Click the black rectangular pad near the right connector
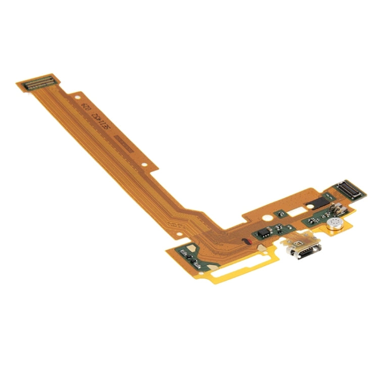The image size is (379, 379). [312, 203]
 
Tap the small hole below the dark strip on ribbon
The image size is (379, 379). [145, 164]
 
